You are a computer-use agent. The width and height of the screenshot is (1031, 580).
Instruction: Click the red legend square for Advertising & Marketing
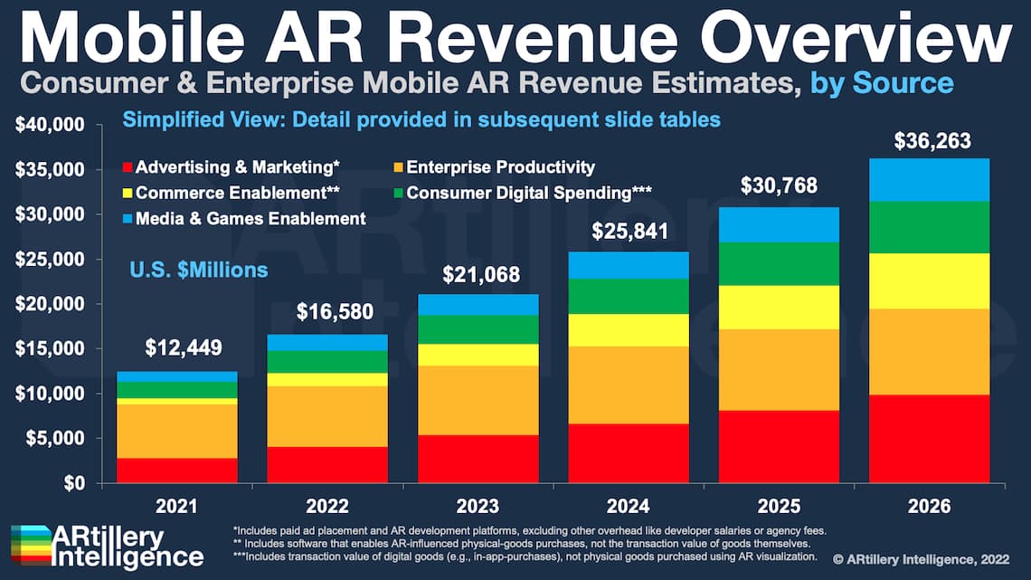127,167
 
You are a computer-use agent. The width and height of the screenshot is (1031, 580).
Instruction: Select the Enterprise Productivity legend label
500,167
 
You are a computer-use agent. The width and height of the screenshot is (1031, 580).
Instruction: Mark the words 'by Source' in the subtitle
882,83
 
